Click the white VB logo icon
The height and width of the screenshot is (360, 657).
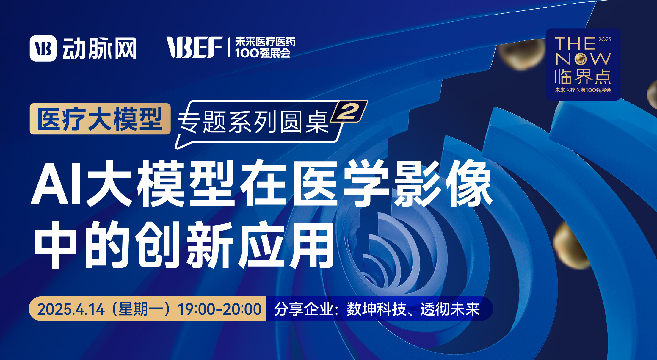coord(43,48)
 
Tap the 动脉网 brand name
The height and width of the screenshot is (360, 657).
coord(99,48)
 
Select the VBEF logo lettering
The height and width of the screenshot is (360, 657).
coord(195,47)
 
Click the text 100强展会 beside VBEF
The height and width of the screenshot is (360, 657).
coord(263,53)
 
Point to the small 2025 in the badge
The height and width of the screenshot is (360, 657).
coord(605,40)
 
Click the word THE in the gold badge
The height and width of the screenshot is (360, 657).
coord(575,44)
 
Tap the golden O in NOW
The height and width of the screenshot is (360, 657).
coord(580,59)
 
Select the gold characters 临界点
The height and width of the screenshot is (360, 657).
coord(583,77)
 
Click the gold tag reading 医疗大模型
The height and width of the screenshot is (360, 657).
coord(100,119)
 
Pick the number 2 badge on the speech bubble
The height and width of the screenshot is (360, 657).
coord(349,112)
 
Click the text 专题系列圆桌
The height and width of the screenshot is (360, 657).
coord(253,122)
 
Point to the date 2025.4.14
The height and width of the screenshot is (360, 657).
coord(71,309)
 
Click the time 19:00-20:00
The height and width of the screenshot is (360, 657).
coord(219,309)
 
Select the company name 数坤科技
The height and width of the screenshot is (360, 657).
coord(377,309)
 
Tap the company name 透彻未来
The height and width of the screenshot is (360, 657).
coord(450,309)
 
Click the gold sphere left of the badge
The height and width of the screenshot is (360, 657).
coord(522,54)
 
